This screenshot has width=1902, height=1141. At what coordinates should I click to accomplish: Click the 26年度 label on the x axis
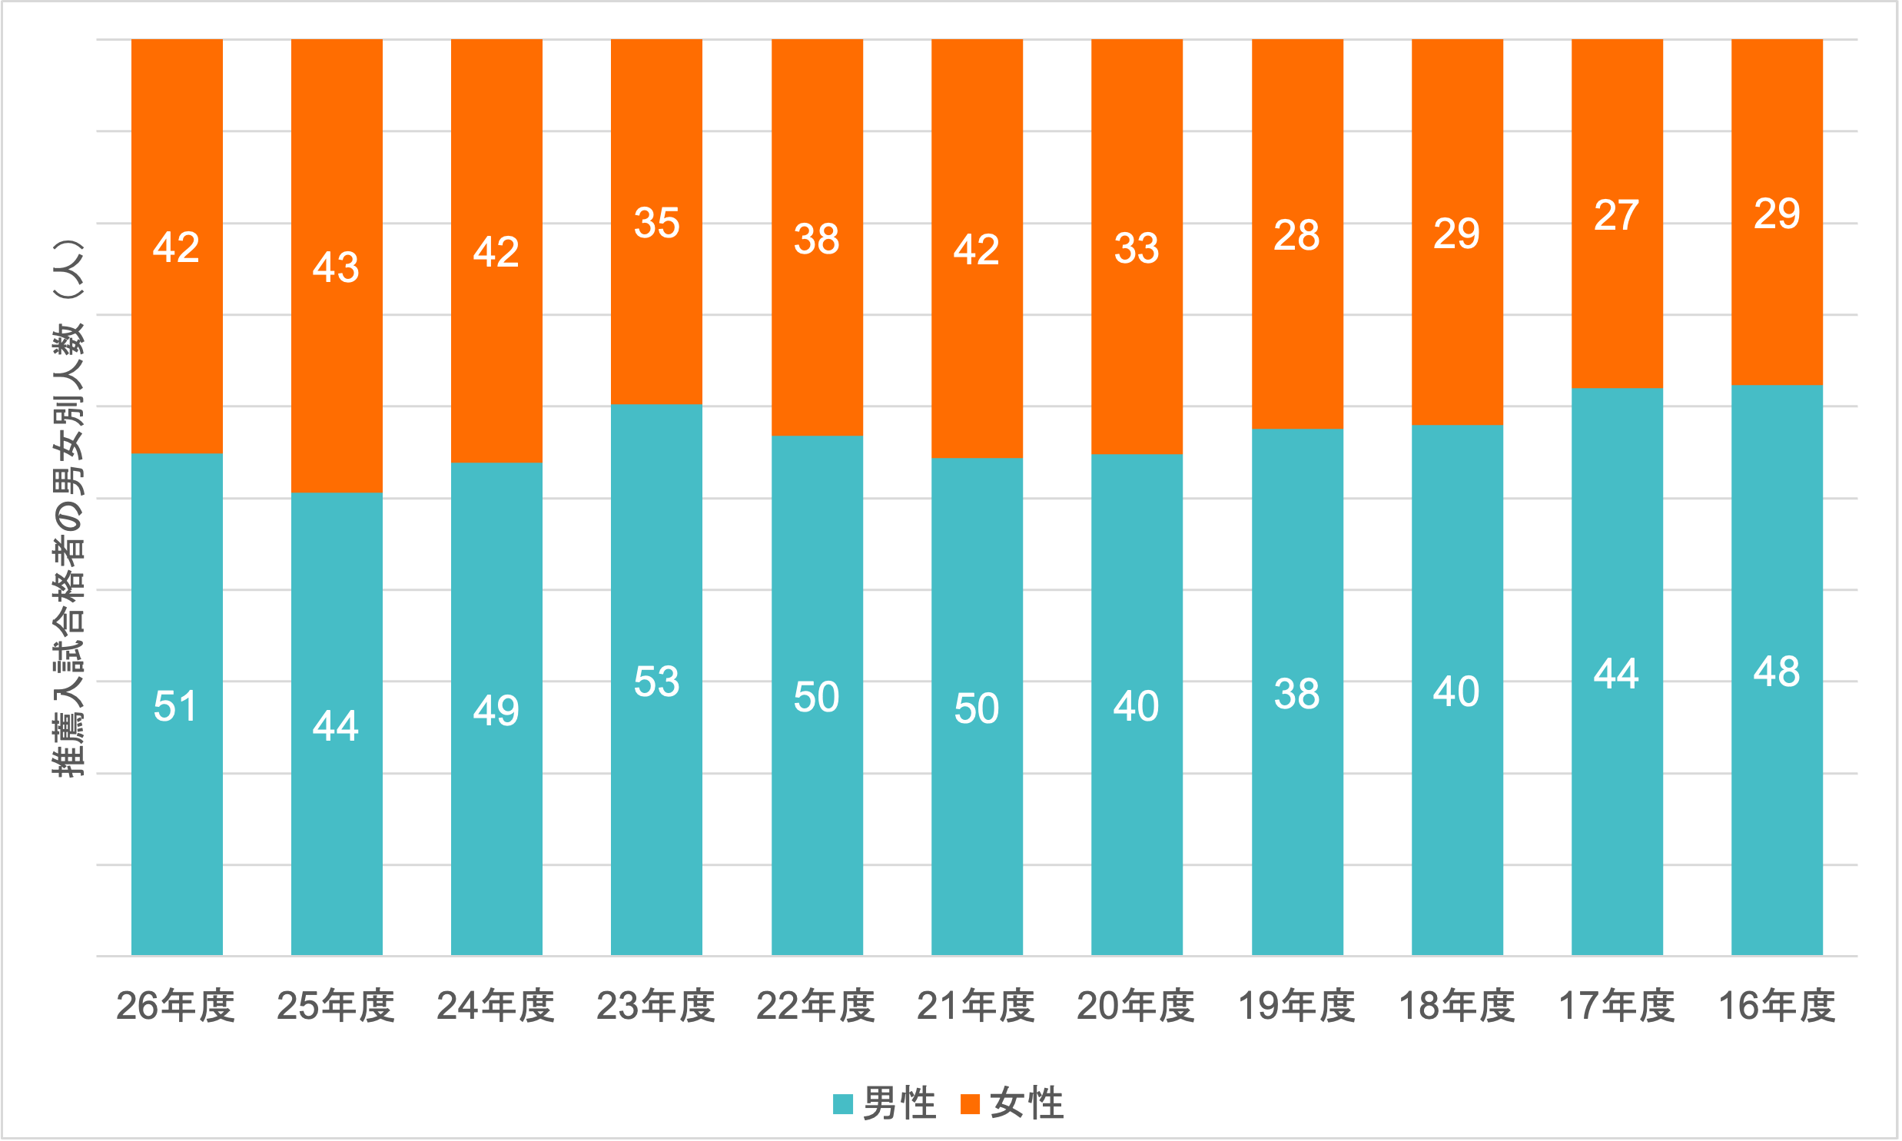point(175,1006)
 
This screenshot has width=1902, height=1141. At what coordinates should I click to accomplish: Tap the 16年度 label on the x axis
point(1777,1006)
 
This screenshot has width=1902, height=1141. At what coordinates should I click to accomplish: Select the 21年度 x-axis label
point(976,1006)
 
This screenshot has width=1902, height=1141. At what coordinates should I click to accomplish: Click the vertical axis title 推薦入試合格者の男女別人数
point(68,507)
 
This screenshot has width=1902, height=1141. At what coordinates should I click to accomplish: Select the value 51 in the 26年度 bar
point(176,706)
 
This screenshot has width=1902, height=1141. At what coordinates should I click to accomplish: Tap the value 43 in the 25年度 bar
point(336,267)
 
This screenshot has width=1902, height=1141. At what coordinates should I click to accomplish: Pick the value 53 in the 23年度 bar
point(656,682)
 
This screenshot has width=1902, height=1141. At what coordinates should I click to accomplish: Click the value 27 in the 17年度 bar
point(1616,215)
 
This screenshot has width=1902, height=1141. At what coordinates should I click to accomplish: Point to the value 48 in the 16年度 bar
point(1777,672)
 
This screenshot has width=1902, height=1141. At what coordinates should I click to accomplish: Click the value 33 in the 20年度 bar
point(1137,248)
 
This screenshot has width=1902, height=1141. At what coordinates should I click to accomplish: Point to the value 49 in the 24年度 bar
point(496,711)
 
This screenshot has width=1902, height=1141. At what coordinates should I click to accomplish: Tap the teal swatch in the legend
point(842,1103)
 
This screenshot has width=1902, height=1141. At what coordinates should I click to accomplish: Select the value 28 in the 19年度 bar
point(1296,235)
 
